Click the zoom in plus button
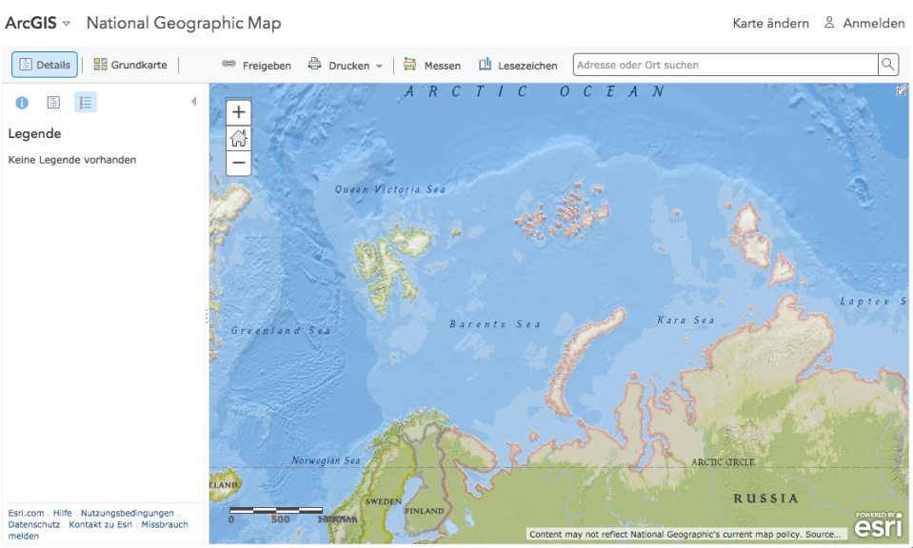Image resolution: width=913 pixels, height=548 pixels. [239, 112]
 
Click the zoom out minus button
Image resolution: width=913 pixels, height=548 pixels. [239, 163]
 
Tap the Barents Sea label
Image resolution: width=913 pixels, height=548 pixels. [495, 324]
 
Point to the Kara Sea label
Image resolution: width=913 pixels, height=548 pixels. [685, 321]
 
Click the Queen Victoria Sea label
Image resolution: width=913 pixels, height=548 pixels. [390, 190]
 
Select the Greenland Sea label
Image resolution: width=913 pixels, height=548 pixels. [281, 331]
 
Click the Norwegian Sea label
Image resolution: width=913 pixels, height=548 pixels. [326, 461]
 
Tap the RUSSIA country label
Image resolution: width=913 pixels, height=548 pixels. [765, 499]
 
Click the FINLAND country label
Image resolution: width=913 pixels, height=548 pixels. [425, 511]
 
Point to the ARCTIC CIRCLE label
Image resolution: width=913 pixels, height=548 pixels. [723, 462]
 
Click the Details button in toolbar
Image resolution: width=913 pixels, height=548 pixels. [45, 65]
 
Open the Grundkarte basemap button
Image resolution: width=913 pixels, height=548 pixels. [130, 65]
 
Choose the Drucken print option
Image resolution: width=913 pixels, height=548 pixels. [343, 66]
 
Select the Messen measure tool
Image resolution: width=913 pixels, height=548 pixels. [432, 66]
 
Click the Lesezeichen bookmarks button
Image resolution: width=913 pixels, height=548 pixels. [518, 66]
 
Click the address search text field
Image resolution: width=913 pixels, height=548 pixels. [724, 65]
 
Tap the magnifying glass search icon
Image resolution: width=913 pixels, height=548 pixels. [887, 65]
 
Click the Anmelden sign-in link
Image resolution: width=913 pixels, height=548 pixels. [864, 23]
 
